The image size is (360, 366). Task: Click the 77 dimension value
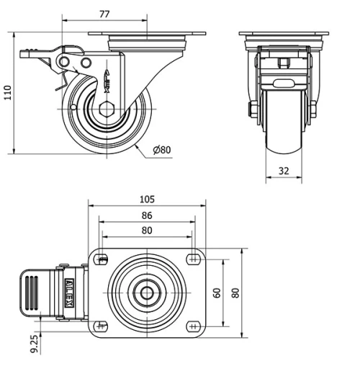[x=104, y=14]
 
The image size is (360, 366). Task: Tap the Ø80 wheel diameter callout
[x=162, y=151]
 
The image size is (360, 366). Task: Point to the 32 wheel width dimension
[x=285, y=171]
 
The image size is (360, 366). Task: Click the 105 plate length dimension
[x=147, y=199]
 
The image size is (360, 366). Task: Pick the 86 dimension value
[x=147, y=215]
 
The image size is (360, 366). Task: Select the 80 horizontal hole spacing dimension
[x=147, y=231]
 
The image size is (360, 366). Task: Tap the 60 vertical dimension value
[x=216, y=293]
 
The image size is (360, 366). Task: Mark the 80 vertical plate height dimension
[x=235, y=293]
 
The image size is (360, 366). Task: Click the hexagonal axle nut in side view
[x=108, y=110]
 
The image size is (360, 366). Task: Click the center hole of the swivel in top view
[x=148, y=293]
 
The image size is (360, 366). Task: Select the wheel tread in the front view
[x=286, y=122]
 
